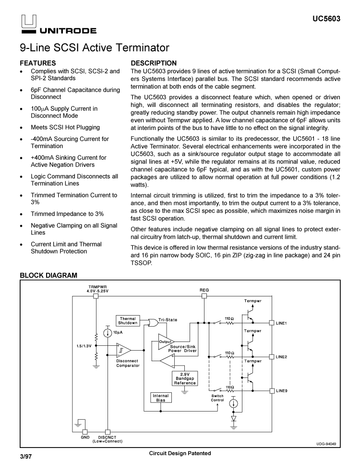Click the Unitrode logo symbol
click(28, 22)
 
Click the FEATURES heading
click(37, 63)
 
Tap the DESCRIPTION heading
click(154, 63)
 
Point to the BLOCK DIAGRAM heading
click(48, 275)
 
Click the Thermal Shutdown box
click(128, 321)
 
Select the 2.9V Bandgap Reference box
click(185, 379)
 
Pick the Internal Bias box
click(160, 398)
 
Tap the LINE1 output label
click(281, 323)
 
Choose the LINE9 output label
click(281, 391)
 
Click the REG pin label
click(204, 290)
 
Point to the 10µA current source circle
click(108, 332)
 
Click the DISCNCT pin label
click(107, 437)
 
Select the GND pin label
click(85, 437)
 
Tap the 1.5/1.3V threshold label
click(84, 345)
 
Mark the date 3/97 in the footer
click(26, 457)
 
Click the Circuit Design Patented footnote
click(180, 453)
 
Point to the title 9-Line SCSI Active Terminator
click(95, 48)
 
